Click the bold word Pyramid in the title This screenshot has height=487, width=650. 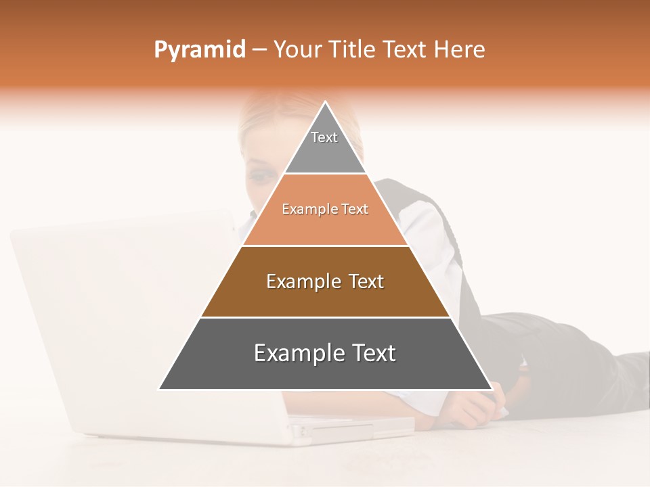point(199,50)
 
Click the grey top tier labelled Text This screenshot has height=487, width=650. point(325,145)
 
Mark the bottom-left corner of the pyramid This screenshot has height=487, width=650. point(160,389)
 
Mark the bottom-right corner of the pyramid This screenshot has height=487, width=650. point(492,389)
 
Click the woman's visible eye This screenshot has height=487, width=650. point(259,177)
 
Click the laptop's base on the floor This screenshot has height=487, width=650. point(352,430)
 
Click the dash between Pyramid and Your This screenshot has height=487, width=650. point(259,50)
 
